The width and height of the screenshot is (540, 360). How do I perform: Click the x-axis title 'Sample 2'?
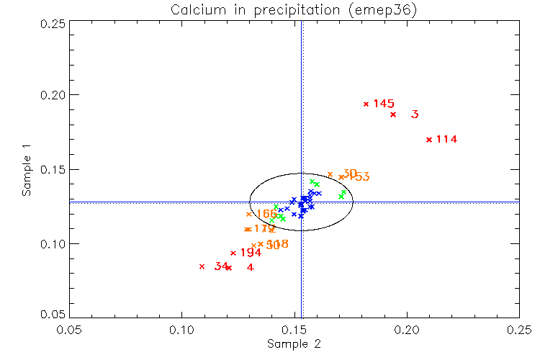click(x=294, y=343)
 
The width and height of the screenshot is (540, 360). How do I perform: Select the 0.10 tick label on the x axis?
click(x=181, y=328)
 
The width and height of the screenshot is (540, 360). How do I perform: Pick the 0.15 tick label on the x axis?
click(x=294, y=328)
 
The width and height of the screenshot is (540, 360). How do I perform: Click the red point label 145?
click(x=384, y=104)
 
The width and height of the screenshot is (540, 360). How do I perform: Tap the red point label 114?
click(x=447, y=139)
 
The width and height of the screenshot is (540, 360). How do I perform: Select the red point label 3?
click(x=415, y=114)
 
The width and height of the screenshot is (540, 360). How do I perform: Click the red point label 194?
click(x=251, y=253)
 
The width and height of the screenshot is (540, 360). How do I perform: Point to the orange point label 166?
click(x=266, y=214)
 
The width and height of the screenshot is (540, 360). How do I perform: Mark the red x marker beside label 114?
click(x=429, y=140)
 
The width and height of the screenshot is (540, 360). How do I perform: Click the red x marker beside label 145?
click(x=366, y=104)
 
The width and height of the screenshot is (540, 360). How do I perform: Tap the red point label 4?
click(x=250, y=268)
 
